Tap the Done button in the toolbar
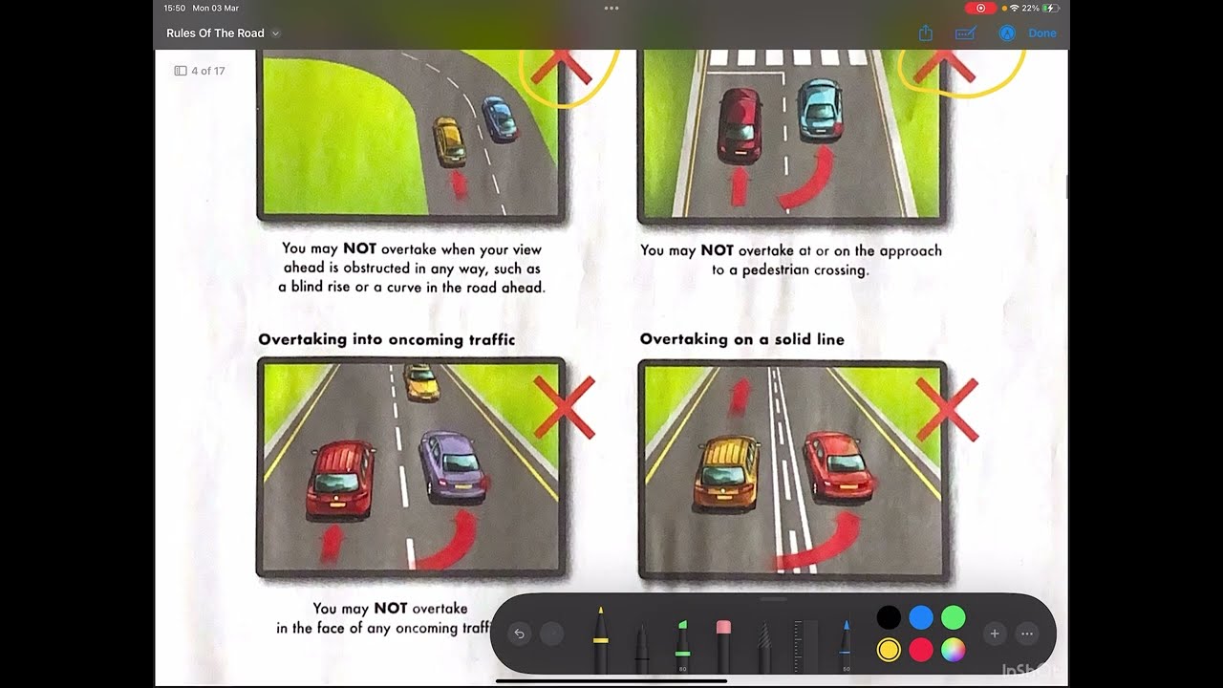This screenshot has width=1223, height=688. click(x=1041, y=33)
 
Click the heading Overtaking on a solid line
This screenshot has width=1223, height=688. click(x=741, y=339)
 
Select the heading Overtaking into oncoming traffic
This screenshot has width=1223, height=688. click(x=386, y=339)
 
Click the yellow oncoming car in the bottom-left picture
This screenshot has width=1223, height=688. click(x=420, y=381)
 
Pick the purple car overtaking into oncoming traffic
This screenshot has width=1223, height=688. click(x=451, y=465)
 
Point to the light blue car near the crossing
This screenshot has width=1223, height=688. click(x=819, y=109)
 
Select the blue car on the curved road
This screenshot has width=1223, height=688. click(x=499, y=118)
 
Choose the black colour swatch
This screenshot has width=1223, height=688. click(x=889, y=617)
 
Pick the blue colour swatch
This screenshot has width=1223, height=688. click(x=921, y=617)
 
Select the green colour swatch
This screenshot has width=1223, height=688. click(x=954, y=617)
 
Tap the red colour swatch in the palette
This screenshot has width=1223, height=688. click(x=921, y=650)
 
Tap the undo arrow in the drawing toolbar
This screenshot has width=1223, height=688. click(x=520, y=634)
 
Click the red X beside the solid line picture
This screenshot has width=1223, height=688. click(x=947, y=409)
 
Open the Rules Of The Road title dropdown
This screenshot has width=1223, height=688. click(x=275, y=33)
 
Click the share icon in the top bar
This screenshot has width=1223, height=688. click(x=925, y=33)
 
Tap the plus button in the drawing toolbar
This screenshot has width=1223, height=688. click(x=995, y=634)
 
